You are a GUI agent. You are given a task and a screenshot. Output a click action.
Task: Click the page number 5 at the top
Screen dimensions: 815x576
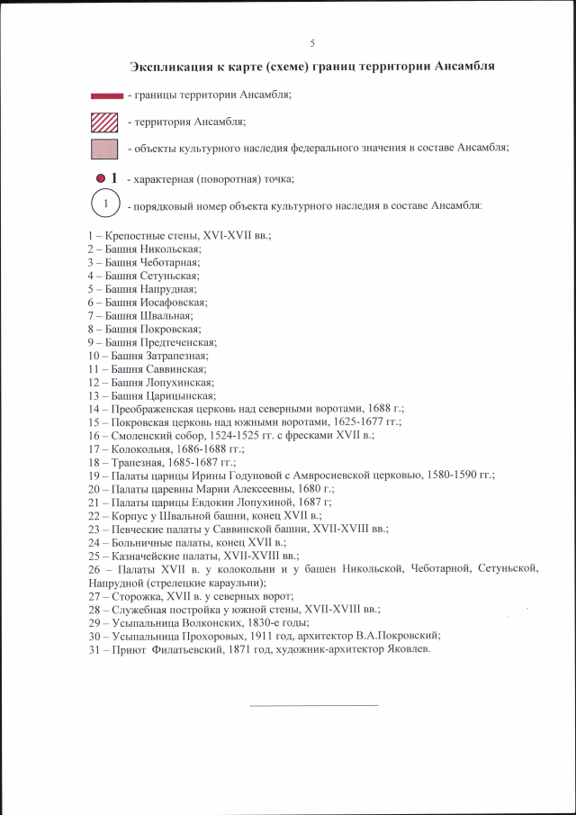click(x=312, y=43)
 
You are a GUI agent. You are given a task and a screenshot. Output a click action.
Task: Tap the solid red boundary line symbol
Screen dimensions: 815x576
click(x=107, y=95)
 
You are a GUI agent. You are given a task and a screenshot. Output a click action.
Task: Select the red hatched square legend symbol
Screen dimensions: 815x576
click(x=105, y=121)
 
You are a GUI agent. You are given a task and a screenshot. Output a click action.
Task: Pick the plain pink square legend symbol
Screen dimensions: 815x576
click(x=105, y=148)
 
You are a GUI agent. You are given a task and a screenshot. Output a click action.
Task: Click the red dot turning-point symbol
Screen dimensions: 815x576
click(x=101, y=177)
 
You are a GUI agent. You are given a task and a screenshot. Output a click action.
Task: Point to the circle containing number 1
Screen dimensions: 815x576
click(x=106, y=204)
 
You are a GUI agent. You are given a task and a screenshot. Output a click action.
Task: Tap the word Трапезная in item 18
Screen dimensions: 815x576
click(x=135, y=461)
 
